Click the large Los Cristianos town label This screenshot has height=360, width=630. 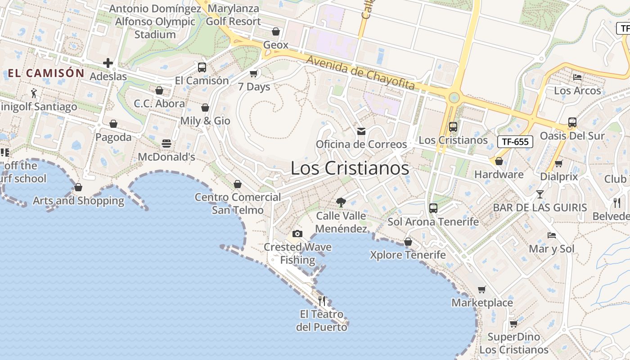coord(350,168)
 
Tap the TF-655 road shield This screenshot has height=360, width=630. coord(515,142)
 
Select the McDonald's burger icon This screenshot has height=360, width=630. coord(166,144)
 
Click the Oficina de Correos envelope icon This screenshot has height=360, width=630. coord(361,131)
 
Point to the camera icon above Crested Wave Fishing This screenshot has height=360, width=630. coord(297,234)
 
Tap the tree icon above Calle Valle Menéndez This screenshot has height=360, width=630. coord(341,202)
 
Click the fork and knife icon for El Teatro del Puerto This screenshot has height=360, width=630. coord(322,301)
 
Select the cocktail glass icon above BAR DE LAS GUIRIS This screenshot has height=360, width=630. coord(540,194)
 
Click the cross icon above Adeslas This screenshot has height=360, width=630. coord(108,63)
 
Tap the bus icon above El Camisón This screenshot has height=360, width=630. coord(202,67)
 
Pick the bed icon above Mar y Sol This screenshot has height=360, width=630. coord(552,235)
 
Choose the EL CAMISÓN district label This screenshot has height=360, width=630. coord(46,73)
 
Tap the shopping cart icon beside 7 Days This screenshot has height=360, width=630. coord(254,73)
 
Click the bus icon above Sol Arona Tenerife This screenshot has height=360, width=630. coord(433,208)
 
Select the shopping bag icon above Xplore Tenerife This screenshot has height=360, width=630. coord(408,242)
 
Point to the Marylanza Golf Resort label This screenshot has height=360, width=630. coord(234,15)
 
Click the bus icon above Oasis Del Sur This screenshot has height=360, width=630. coord(572,122)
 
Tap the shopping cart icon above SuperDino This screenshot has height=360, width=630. coord(513,324)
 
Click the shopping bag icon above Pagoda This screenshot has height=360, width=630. coord(113,124)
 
